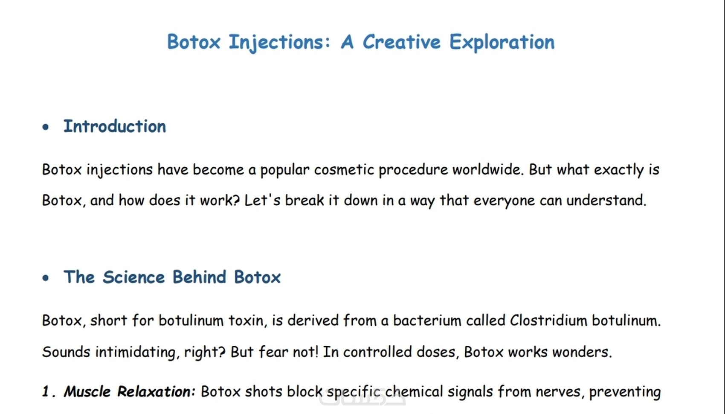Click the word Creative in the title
pyautogui.click(x=401, y=42)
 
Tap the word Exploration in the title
pyautogui.click(x=502, y=42)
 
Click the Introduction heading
pyautogui.click(x=115, y=126)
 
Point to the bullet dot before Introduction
pyautogui.click(x=46, y=127)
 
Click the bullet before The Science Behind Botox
pyautogui.click(x=46, y=277)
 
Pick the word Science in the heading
pyautogui.click(x=133, y=277)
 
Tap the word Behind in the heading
pyautogui.click(x=200, y=277)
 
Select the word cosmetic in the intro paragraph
pyautogui.click(x=344, y=170)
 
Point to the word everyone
pyautogui.click(x=504, y=201)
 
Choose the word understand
pyautogui.click(x=606, y=200)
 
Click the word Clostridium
pyautogui.click(x=548, y=321)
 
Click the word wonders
pyautogui.click(x=582, y=352)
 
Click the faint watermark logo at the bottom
pyautogui.click(x=362, y=397)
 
